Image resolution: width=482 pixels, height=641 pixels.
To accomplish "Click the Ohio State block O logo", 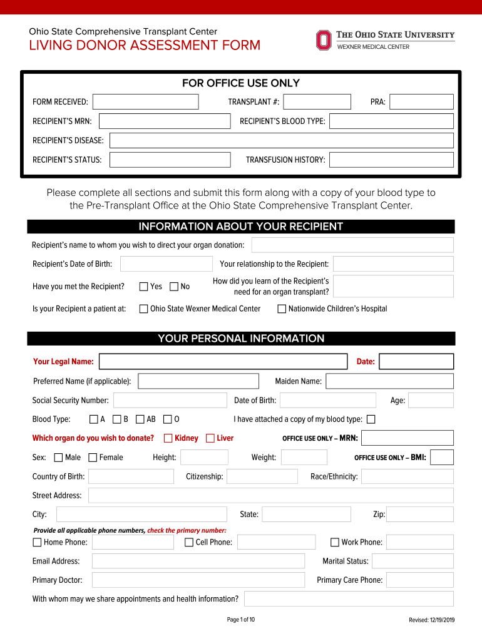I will (x=323, y=40).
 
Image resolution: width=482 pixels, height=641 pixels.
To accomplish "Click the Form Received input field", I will (x=145, y=102).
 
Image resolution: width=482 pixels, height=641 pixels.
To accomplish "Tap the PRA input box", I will (x=421, y=102).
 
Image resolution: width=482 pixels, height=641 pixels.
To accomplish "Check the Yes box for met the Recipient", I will (x=143, y=287).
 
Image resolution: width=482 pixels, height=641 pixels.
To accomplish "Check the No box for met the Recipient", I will (x=174, y=287).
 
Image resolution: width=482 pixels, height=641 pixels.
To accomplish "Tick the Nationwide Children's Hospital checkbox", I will (x=282, y=309).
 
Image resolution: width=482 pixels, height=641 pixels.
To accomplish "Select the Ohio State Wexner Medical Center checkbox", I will (x=143, y=309).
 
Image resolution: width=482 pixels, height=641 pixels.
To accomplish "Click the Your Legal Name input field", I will (x=223, y=362).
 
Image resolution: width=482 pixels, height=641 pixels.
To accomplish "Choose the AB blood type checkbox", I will (x=140, y=419).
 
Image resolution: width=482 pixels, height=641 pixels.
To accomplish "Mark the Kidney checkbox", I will (x=168, y=438).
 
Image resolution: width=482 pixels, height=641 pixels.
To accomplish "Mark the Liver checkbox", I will (x=210, y=438).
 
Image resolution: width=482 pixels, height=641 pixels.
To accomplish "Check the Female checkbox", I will (x=93, y=458).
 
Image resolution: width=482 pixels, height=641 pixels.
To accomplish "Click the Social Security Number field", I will (x=170, y=401).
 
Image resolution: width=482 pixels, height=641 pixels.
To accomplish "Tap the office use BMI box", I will (x=442, y=458).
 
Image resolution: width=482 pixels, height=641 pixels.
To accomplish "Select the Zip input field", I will (x=419, y=515).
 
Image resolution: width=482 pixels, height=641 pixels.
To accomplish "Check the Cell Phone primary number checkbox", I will (x=189, y=542).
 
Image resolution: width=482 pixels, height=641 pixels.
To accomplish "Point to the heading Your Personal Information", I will (x=241, y=339).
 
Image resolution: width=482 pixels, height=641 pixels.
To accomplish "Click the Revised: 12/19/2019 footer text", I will (x=431, y=620).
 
